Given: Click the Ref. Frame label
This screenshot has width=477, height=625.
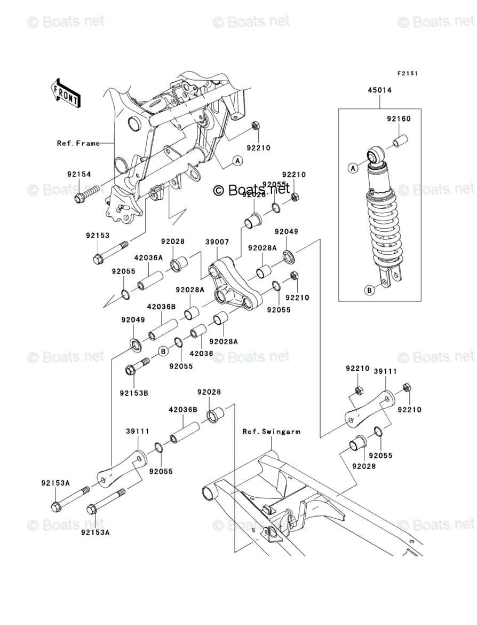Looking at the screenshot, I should (78, 143).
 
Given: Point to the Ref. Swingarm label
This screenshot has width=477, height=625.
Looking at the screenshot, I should (271, 431).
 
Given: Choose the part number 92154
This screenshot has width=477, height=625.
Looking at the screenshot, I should (79, 174).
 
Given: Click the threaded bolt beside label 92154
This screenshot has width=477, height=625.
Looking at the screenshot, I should (88, 194).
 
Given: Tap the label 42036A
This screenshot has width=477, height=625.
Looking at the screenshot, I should (148, 257).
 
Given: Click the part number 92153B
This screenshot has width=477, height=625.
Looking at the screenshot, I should (133, 393).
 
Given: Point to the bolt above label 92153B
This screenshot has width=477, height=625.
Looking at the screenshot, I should (138, 368).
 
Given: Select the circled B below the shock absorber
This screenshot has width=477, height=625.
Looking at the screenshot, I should (369, 290).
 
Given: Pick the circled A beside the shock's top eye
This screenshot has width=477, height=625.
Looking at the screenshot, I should (353, 168).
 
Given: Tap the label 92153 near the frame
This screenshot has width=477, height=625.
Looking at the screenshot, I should (97, 235).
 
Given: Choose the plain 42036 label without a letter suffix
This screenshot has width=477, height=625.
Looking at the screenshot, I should (202, 353).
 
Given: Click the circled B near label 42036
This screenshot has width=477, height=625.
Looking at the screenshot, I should (163, 350).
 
